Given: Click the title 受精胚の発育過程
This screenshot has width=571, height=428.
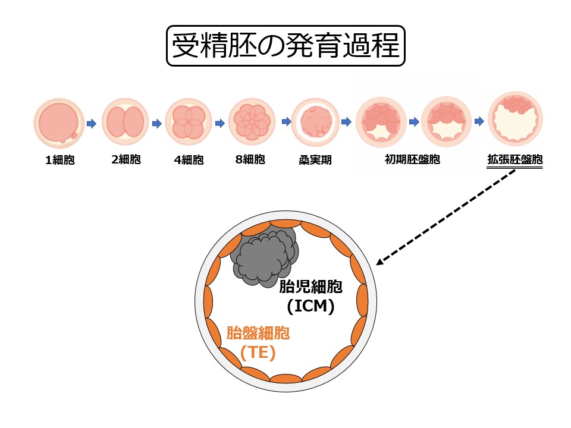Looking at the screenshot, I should pyautogui.click(x=285, y=46).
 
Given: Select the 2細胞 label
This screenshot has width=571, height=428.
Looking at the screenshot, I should pyautogui.click(x=126, y=159).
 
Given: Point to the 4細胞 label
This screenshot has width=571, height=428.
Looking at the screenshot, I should pyautogui.click(x=189, y=160).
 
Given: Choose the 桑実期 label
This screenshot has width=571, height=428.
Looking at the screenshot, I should pyautogui.click(x=315, y=160).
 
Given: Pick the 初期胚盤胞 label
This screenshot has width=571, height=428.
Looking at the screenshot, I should pyautogui.click(x=412, y=159).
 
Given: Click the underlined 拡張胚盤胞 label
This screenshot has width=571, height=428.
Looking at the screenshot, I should pyautogui.click(x=514, y=159).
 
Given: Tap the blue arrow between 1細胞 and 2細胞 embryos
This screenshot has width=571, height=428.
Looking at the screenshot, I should pyautogui.click(x=91, y=124).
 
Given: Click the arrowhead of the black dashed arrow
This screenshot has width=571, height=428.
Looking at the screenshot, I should pyautogui.click(x=381, y=262).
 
